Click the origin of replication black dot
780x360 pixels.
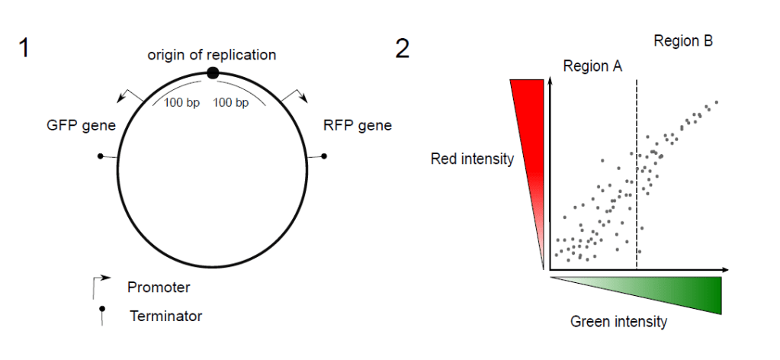point(213,72)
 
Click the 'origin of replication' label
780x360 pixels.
point(211,54)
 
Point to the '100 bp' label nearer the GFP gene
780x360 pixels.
point(181,102)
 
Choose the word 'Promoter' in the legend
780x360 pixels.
point(159,288)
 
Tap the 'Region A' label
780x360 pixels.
point(592,66)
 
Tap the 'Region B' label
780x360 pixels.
point(683,41)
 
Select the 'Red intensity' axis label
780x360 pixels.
point(472,159)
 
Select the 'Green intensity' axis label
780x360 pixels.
point(618,322)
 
